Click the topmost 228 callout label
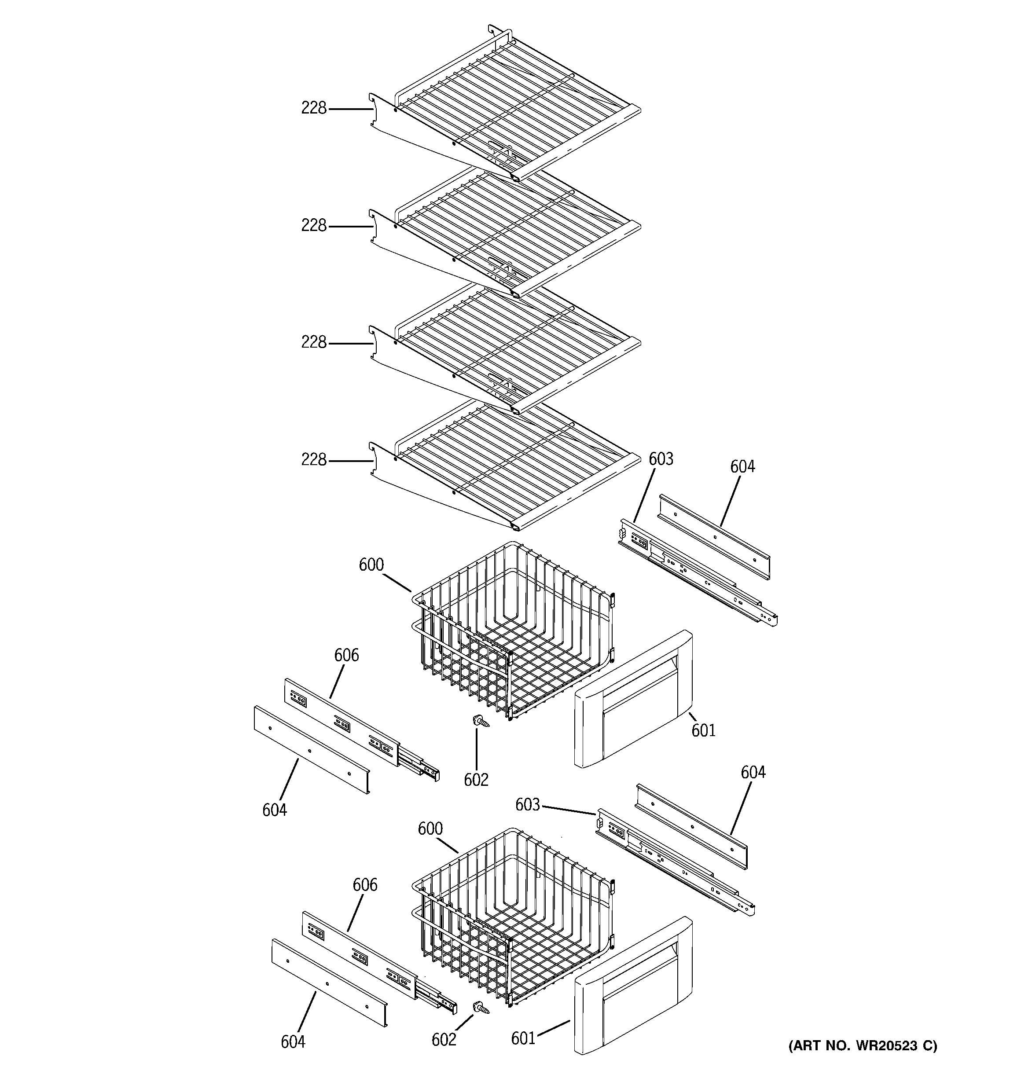313,108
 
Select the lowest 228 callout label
313,460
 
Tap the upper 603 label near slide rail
661,459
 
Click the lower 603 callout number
527,805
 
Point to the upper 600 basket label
371,565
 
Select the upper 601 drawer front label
703,730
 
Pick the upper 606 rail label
346,655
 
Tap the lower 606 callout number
364,885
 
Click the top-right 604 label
742,467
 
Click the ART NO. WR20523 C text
863,1046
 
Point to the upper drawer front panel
633,700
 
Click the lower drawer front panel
633,986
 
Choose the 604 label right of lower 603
753,772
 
